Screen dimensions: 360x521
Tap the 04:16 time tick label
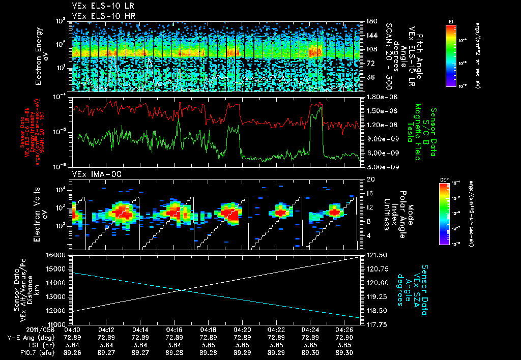pyautogui.click(x=175, y=329)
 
